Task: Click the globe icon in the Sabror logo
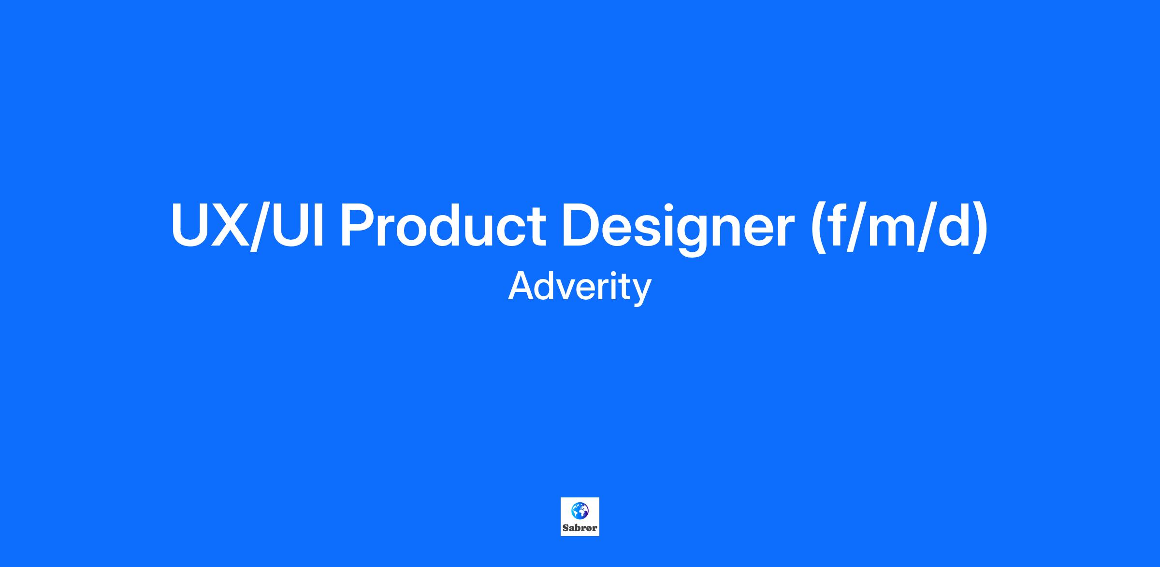[580, 510]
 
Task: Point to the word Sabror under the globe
[580, 528]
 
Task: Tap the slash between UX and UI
[262, 226]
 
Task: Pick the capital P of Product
[359, 225]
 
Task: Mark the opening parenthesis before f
[817, 226]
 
